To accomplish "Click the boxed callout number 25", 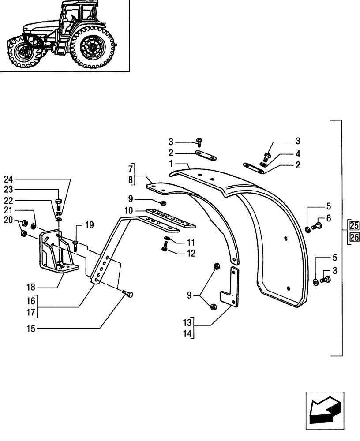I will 354,225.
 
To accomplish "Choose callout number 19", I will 90,225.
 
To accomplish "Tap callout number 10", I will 128,212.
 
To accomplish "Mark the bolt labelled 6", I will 316,226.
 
